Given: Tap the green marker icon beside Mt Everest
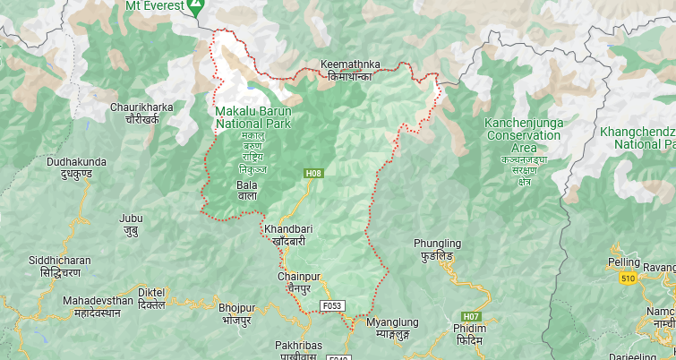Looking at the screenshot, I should click(194, 6).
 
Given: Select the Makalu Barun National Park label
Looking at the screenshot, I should click(252, 117).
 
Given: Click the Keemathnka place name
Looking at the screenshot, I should click(350, 65).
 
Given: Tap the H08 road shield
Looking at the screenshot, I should click(312, 174).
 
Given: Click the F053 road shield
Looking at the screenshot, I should click(332, 305).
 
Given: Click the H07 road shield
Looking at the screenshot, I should click(471, 316).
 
